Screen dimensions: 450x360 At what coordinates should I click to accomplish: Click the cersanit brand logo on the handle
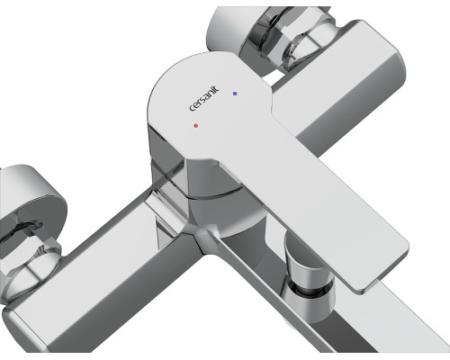[204, 99]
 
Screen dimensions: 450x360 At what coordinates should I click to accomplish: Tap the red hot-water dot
[196, 126]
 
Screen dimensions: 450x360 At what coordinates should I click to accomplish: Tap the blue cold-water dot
[235, 94]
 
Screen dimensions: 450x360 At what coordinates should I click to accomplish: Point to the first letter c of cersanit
[192, 108]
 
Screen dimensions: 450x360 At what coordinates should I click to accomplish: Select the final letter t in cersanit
[217, 89]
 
